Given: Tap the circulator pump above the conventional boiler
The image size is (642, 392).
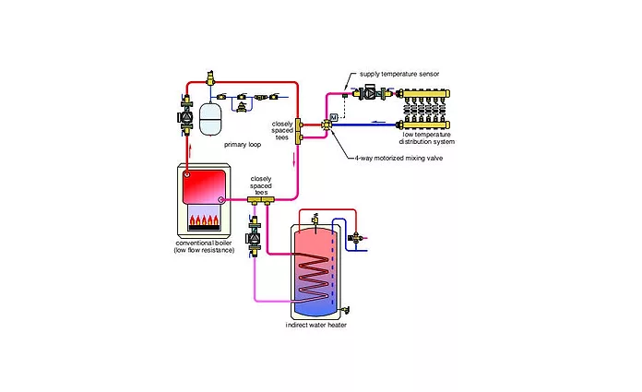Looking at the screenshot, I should click(x=183, y=116).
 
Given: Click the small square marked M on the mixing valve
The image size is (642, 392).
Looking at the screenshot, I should click(x=335, y=116).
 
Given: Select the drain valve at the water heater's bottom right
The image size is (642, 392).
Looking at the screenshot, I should click(x=345, y=311).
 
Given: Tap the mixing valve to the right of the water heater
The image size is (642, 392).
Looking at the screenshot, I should click(x=355, y=237).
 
